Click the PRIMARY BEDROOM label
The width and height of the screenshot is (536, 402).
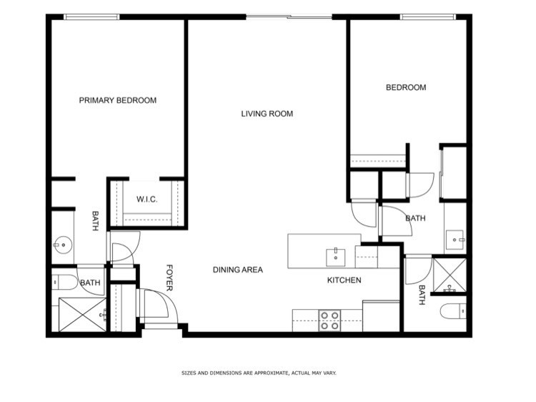tap(118, 100)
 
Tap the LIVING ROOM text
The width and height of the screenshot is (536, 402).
tap(267, 114)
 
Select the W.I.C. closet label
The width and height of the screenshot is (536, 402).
tap(147, 199)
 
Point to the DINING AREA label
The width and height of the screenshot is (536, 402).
tap(238, 270)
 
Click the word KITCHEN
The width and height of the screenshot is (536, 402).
tap(344, 280)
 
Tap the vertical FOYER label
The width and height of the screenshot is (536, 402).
tap(169, 278)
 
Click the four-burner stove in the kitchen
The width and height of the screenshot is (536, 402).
tap(330, 320)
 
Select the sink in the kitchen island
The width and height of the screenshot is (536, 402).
tap(335, 258)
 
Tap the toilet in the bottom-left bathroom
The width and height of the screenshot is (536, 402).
tap(65, 283)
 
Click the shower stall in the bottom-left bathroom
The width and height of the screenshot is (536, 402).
tap(82, 315)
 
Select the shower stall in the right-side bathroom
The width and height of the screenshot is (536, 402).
tap(450, 275)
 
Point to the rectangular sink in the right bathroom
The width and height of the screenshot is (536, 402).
tap(455, 240)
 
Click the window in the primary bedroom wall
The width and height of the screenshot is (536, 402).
tap(91, 16)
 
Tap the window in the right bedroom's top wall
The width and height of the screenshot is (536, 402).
tap(427, 16)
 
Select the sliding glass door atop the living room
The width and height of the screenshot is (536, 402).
tap(289, 16)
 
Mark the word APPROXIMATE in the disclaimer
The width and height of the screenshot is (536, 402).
tap(267, 373)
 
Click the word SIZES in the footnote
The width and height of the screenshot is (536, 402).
tap(189, 373)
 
